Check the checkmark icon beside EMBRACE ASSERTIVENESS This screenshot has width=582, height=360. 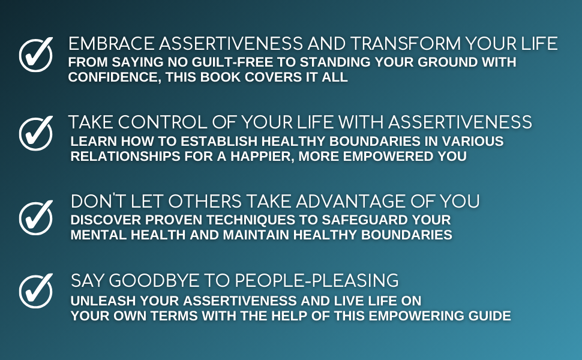pos(36,55)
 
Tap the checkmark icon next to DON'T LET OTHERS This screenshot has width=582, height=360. pos(36,217)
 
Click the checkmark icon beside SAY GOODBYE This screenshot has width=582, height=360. pos(36,291)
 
